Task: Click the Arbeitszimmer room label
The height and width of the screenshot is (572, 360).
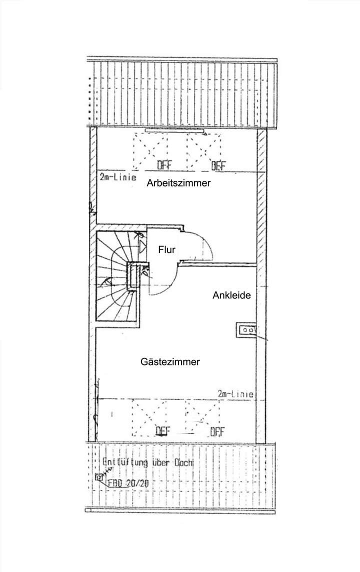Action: (x=178, y=183)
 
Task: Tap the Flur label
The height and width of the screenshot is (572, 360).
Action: (x=166, y=250)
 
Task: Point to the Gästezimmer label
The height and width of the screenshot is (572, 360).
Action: (x=170, y=361)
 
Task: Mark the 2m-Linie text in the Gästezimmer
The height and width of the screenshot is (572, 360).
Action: (x=235, y=394)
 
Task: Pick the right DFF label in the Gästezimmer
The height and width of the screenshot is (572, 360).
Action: (x=216, y=431)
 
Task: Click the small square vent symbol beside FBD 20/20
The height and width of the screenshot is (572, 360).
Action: (x=98, y=477)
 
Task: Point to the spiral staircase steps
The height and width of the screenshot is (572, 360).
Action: (x=112, y=280)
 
